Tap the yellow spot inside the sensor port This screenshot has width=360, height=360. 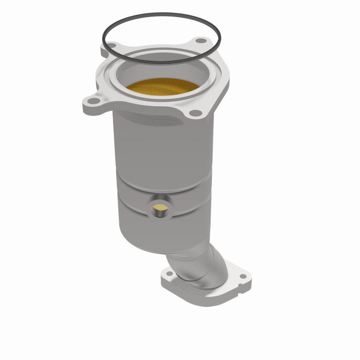[159, 207]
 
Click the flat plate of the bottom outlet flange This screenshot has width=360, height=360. [207, 292]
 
